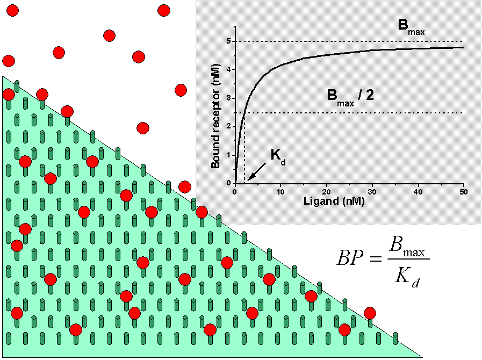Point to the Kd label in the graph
(277, 156)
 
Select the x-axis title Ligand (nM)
(323, 202)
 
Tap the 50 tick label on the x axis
(463, 192)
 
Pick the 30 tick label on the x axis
(372, 192)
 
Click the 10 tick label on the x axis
(280, 192)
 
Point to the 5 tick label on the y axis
(228, 41)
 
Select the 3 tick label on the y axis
(228, 98)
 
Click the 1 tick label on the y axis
(228, 155)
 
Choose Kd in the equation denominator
(407, 277)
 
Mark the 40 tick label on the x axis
(418, 192)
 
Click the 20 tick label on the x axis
(326, 192)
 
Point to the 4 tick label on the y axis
(228, 70)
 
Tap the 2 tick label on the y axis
(228, 127)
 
